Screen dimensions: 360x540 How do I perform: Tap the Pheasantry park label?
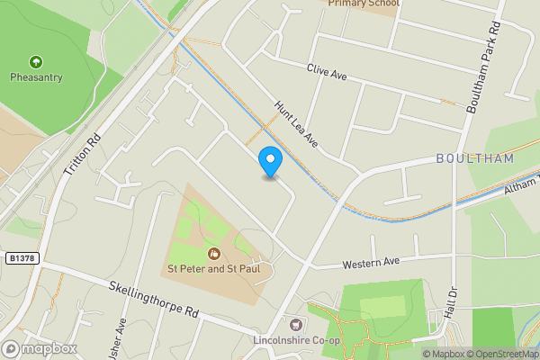(36, 77)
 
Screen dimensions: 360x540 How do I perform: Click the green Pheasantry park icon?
(36, 62)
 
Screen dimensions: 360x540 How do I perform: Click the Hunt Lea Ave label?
(297, 124)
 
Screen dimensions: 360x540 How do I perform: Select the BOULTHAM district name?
(474, 158)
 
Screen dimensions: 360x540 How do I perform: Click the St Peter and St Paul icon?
(214, 253)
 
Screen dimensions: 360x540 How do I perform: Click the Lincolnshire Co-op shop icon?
(295, 323)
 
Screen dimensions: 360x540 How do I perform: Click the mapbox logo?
(40, 348)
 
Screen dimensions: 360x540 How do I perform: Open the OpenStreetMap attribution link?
(501, 354)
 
